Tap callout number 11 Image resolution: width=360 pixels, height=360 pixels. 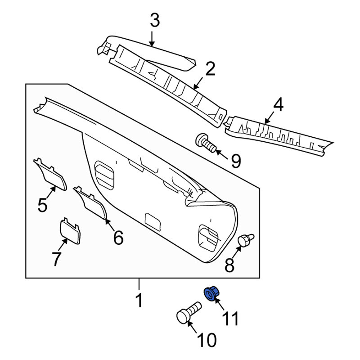coord(230,319)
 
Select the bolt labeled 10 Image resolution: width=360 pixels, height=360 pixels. coord(188,313)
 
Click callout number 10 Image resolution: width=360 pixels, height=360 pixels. coord(207,340)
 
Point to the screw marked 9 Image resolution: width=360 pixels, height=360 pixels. coord(206,143)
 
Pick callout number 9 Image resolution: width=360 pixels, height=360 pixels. coord(236,161)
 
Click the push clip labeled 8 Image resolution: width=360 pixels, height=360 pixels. coord(246,239)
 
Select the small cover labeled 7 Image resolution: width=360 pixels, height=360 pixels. coord(70,230)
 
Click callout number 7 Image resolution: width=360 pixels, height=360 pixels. coord(57,258)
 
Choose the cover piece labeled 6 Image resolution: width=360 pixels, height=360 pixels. coord(90,202)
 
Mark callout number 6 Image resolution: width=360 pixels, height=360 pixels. coord(118,238)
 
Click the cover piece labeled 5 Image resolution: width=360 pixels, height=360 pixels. coord(50,175)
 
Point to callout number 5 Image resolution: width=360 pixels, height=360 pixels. coord(42,205)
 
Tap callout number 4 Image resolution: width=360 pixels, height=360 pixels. coord(278,104)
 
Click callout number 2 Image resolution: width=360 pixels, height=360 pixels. coord(210,69)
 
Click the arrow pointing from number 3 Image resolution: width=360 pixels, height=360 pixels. coord(152,38)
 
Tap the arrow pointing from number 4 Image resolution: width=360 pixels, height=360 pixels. coord(269,118)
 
